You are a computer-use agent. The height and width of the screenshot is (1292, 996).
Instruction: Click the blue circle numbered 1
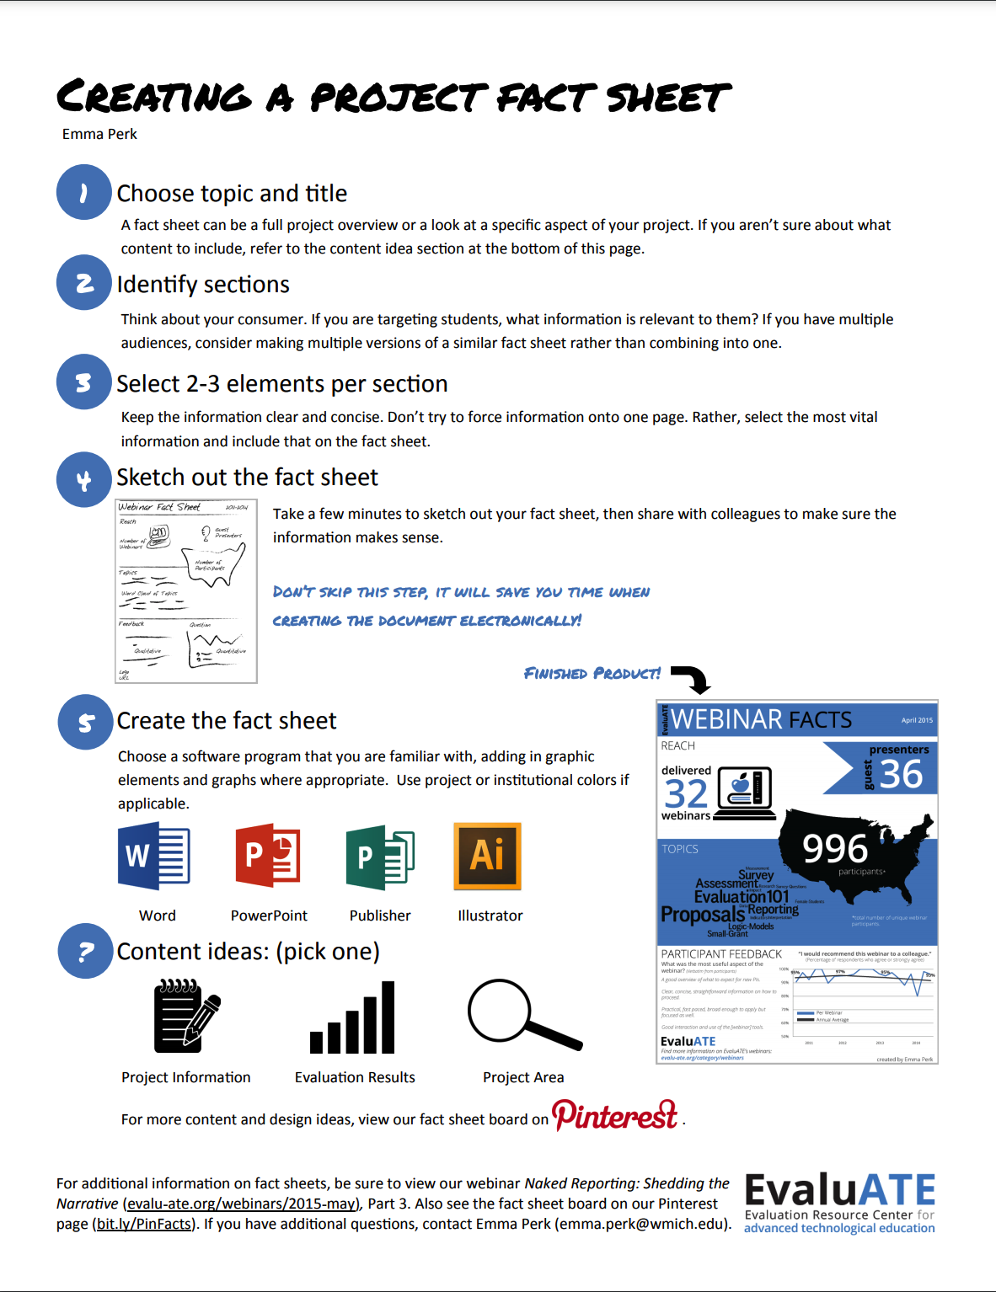click(x=84, y=193)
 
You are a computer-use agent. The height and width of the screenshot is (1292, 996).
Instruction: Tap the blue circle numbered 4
click(x=84, y=480)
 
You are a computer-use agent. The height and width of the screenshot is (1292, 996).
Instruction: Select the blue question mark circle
click(x=85, y=951)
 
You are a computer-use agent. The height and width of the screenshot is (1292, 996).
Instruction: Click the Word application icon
click(x=154, y=857)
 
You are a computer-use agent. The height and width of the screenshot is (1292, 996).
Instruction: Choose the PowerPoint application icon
click(x=268, y=856)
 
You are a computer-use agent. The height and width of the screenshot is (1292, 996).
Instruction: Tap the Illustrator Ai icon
click(x=488, y=856)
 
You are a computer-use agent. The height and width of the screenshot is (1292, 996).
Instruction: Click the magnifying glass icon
click(x=523, y=1014)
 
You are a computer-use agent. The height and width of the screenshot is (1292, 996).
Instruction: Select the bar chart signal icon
click(x=353, y=1017)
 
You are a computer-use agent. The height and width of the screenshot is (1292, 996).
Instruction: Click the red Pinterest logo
click(x=615, y=1115)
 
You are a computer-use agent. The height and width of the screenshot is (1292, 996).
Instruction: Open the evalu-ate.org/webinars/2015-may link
click(x=242, y=1204)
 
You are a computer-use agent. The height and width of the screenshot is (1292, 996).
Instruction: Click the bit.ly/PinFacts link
click(x=144, y=1224)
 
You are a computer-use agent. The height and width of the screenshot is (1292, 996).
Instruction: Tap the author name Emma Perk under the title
click(x=99, y=134)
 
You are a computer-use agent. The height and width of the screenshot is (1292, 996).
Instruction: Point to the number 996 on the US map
click(x=834, y=848)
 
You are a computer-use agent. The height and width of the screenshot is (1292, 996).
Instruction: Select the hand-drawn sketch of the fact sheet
click(x=186, y=590)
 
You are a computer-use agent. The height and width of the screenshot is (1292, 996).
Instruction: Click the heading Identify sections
click(x=203, y=285)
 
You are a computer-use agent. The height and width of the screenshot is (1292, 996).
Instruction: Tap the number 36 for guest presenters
click(x=902, y=774)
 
